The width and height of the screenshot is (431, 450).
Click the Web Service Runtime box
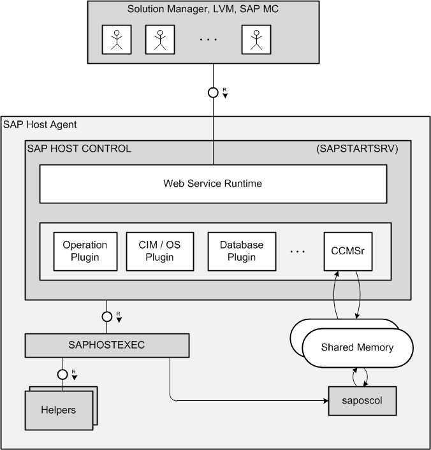pyautogui.click(x=213, y=184)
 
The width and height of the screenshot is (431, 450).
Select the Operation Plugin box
pyautogui.click(x=85, y=251)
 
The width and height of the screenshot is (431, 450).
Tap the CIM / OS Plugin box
pyautogui.click(x=159, y=251)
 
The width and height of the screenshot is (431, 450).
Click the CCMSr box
pyautogui.click(x=347, y=250)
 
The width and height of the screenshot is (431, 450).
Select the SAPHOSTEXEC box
pyautogui.click(x=107, y=345)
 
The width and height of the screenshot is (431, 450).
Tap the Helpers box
pyautogui.click(x=58, y=410)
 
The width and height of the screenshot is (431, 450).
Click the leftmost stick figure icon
pyautogui.click(x=117, y=40)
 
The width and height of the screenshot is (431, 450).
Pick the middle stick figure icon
pyautogui.click(x=159, y=40)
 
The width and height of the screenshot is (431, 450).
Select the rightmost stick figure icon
pyautogui.click(x=256, y=40)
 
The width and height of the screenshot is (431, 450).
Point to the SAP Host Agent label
pyautogui.click(x=40, y=124)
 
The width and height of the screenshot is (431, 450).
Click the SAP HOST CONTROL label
pyautogui.click(x=79, y=149)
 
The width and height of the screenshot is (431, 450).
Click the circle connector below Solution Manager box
pyautogui.click(x=214, y=92)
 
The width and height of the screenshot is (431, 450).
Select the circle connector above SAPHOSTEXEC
pyautogui.click(x=107, y=316)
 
